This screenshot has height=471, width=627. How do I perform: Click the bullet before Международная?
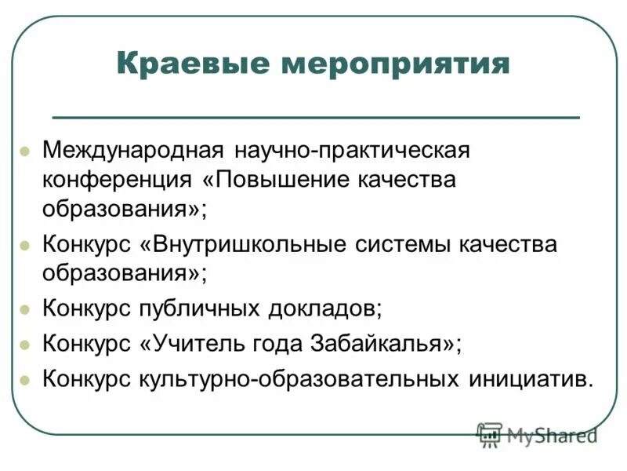coord(24,150)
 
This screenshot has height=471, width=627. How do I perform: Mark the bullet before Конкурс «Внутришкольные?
coord(24,245)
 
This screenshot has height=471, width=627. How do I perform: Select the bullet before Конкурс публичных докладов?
coord(24,308)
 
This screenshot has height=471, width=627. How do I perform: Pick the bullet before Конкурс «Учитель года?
coord(24,344)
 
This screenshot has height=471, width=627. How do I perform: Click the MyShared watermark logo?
coord(537,433)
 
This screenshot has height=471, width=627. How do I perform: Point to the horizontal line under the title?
coord(315,117)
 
